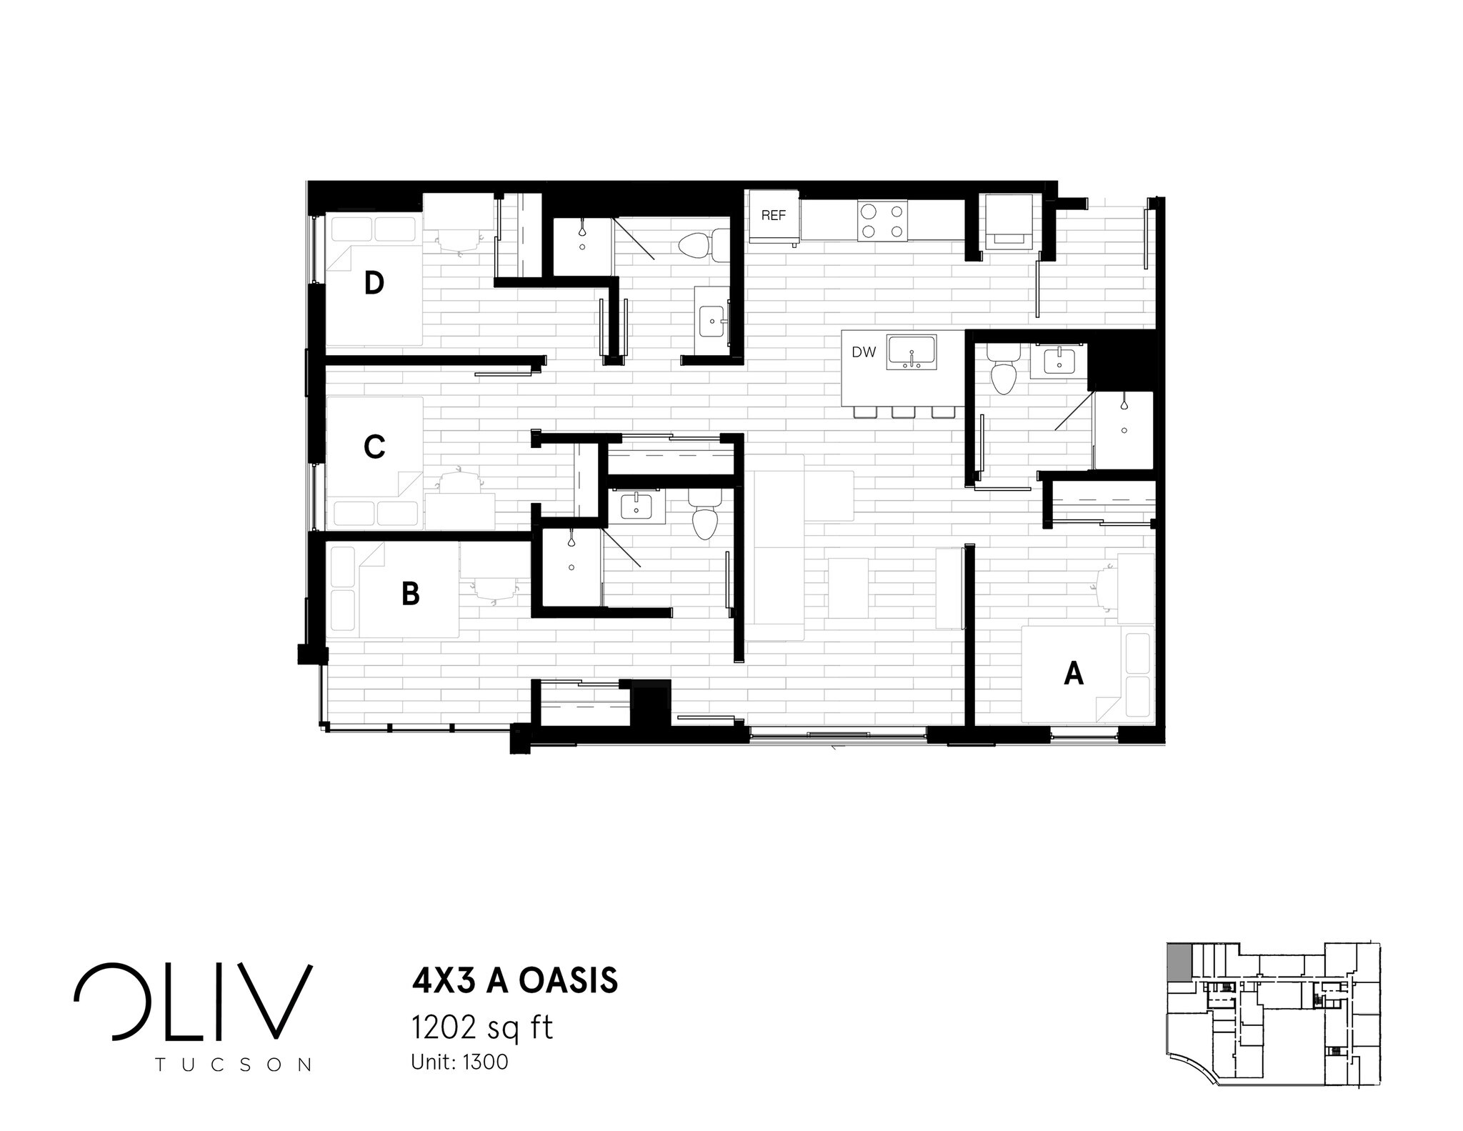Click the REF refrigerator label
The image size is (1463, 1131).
[773, 215]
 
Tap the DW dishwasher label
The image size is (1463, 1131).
[864, 352]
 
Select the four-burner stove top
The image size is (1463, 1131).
[882, 221]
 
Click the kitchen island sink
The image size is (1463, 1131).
[912, 352]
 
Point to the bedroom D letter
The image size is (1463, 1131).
[374, 284]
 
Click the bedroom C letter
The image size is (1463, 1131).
[374, 447]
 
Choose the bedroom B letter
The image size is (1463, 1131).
[410, 594]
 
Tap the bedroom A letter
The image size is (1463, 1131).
[1074, 673]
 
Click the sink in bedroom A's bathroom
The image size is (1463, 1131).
[1058, 362]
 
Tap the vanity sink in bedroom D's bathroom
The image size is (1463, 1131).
[712, 322]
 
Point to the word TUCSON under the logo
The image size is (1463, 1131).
[234, 1065]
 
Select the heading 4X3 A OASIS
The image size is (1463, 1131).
[514, 981]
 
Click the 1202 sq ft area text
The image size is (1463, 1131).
[481, 1028]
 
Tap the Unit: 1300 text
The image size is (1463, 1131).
[459, 1062]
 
